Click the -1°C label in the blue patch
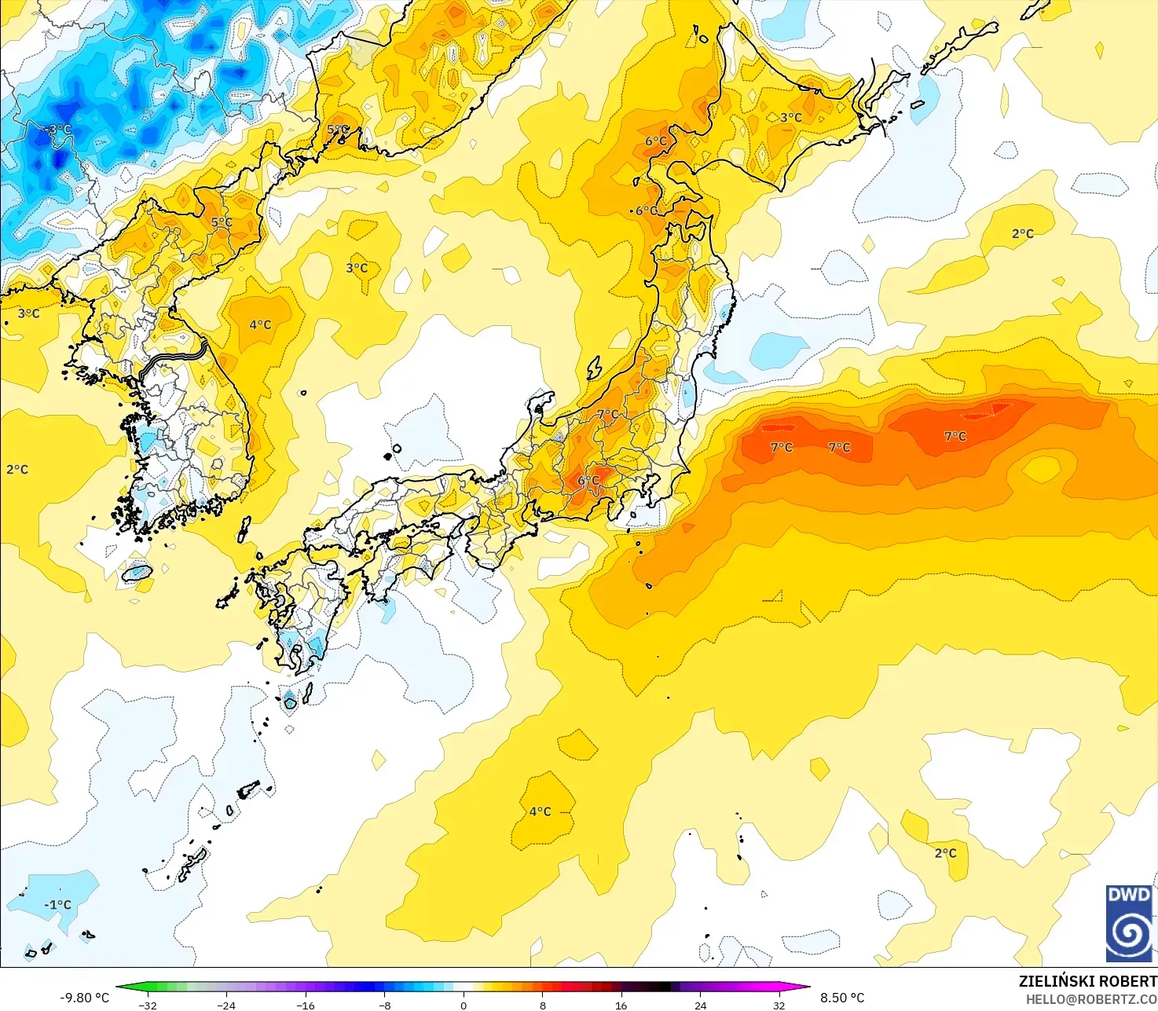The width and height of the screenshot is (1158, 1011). (x=57, y=904)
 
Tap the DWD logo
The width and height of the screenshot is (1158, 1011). (x=1130, y=923)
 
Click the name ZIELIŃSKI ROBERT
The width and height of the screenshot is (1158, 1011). (x=1087, y=981)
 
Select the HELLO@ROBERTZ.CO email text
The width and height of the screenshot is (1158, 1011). (x=1091, y=998)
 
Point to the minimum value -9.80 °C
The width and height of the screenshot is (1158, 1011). (x=85, y=998)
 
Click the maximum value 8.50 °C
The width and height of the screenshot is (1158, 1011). (x=842, y=998)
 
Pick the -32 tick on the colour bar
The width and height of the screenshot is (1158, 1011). (x=148, y=1005)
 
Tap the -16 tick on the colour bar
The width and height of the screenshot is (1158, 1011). (x=306, y=1005)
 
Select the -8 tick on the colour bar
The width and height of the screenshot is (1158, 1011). (x=385, y=1005)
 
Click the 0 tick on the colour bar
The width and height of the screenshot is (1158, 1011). (x=464, y=1005)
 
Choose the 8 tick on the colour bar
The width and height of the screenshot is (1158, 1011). (x=543, y=1005)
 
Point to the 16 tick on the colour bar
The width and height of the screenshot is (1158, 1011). (x=621, y=1005)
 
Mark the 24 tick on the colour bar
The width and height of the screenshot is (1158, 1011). (x=700, y=1005)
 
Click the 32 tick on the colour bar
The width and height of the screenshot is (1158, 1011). (x=779, y=1005)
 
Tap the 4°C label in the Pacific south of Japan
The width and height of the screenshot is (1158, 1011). (x=541, y=811)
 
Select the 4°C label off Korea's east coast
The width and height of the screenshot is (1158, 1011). (x=260, y=324)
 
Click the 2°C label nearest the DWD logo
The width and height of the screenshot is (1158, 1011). (x=946, y=853)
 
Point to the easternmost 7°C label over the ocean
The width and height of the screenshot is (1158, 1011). (x=955, y=436)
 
